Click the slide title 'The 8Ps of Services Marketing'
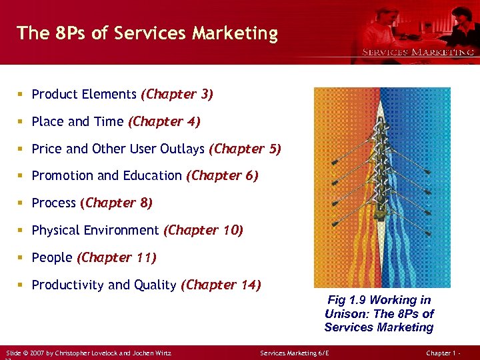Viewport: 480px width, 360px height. [x=147, y=33]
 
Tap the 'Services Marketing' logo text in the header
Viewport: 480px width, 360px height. [x=417, y=52]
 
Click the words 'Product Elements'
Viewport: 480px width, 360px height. [x=84, y=95]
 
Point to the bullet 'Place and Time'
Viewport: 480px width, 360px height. [x=77, y=122]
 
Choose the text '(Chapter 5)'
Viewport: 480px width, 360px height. [x=245, y=149]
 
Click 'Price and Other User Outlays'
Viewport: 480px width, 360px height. [x=119, y=149]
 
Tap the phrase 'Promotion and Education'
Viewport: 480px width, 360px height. [x=107, y=176]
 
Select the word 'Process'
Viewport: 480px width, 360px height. [x=54, y=203]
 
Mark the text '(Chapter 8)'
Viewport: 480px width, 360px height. [x=116, y=203]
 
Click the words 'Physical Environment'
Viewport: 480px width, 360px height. [x=95, y=231]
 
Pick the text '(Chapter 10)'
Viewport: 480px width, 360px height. [x=203, y=231]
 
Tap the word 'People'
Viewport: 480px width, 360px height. [x=52, y=257]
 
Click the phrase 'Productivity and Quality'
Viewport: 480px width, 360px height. [x=104, y=285]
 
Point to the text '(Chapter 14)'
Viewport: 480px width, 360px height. [x=221, y=285]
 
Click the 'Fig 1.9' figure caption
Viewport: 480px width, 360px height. [x=379, y=313]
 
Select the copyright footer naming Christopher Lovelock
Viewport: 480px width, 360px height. [x=88, y=351]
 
